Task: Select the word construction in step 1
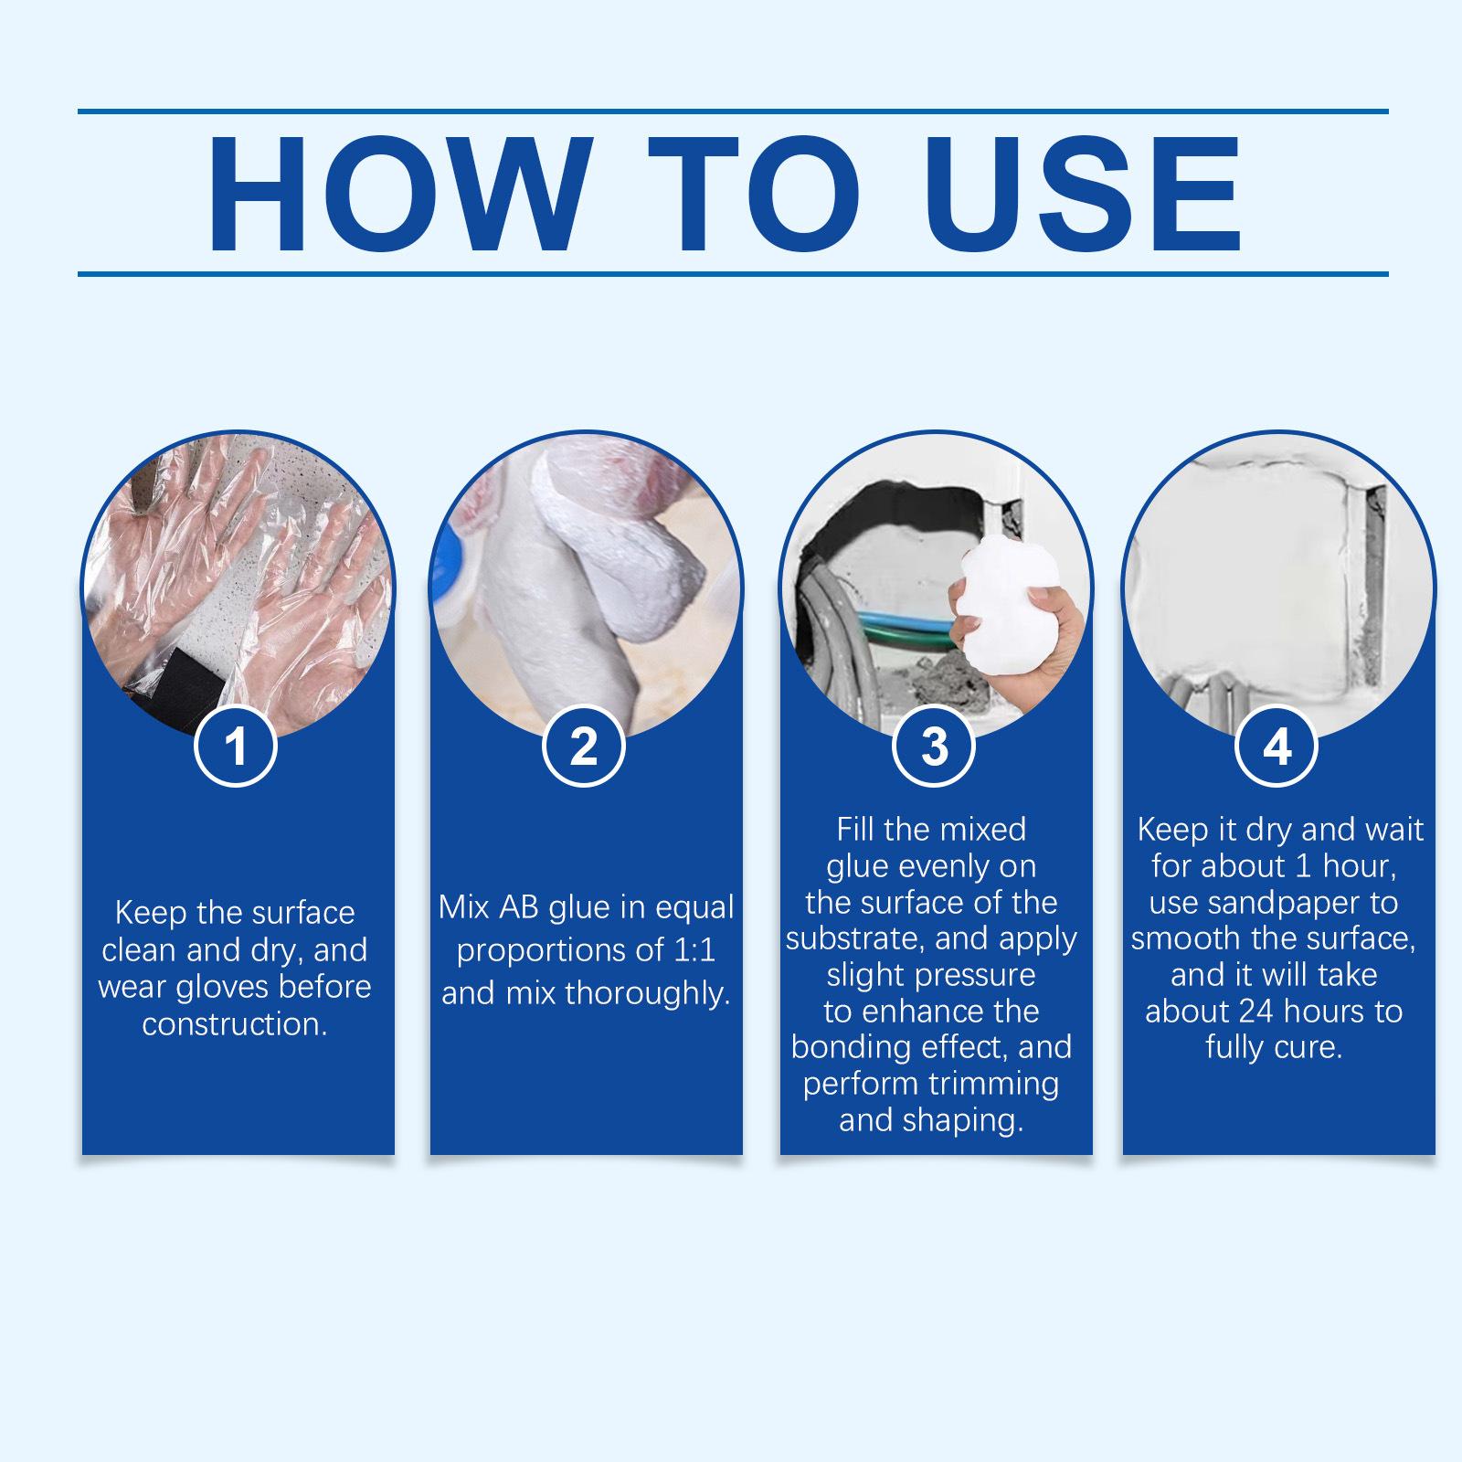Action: point(235,1024)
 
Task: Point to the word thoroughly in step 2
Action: point(648,993)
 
